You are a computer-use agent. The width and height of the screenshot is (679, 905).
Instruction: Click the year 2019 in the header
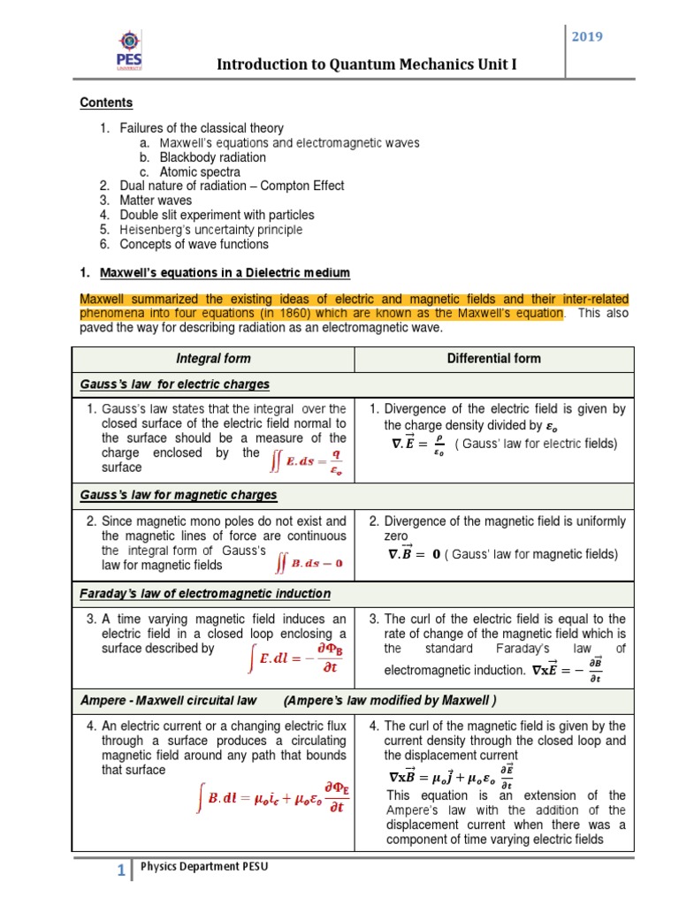[587, 38]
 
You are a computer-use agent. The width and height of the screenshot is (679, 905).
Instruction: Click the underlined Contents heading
[106, 103]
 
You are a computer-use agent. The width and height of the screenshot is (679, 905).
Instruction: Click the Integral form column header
[213, 358]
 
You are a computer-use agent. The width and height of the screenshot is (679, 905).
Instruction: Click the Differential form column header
[493, 358]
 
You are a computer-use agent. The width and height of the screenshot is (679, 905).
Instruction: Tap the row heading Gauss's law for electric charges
[175, 384]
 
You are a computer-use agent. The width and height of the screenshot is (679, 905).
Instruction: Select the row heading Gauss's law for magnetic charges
[178, 495]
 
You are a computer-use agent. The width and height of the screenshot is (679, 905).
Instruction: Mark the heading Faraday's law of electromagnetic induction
[205, 593]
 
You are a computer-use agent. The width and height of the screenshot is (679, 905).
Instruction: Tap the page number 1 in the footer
[121, 871]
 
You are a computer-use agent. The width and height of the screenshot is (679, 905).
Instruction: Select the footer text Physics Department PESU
[204, 867]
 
